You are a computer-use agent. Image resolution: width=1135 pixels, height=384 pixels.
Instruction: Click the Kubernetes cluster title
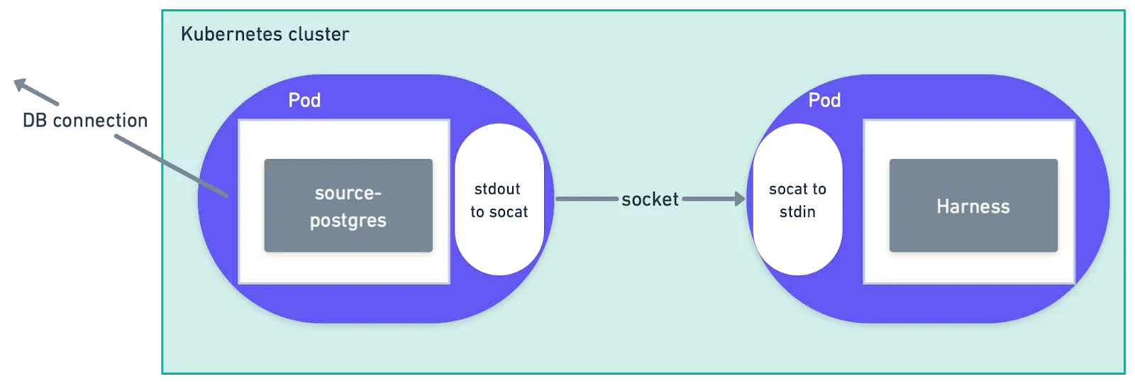(x=265, y=34)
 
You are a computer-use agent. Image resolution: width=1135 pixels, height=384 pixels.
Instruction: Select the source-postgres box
(x=348, y=206)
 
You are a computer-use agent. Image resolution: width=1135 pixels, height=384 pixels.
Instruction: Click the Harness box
(x=973, y=206)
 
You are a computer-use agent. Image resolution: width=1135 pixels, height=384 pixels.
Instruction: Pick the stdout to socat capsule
(x=499, y=199)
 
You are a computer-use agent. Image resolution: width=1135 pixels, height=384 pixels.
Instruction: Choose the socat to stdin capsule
(x=797, y=199)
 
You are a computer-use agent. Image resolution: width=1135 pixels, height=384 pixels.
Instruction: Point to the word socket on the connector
(x=650, y=199)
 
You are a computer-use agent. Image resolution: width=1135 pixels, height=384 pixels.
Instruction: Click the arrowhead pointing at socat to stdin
(x=740, y=199)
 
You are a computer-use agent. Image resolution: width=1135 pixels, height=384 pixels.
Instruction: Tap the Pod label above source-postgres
(x=304, y=100)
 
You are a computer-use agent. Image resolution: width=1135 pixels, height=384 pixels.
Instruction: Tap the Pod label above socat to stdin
(x=824, y=100)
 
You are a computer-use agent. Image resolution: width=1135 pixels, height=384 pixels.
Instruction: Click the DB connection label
(x=85, y=121)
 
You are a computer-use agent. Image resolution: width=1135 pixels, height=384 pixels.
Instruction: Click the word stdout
(x=497, y=189)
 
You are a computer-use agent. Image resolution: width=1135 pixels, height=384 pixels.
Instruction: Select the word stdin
(x=797, y=212)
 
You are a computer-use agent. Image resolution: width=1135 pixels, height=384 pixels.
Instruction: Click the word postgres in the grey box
(x=348, y=221)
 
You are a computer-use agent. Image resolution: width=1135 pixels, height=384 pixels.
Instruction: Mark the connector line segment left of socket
(x=587, y=199)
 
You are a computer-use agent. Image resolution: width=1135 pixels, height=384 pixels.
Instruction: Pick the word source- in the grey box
(x=348, y=193)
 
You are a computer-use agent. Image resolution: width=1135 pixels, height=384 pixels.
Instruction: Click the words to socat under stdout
(x=499, y=212)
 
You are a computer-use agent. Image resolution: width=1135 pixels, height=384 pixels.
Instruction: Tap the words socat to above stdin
(x=797, y=189)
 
